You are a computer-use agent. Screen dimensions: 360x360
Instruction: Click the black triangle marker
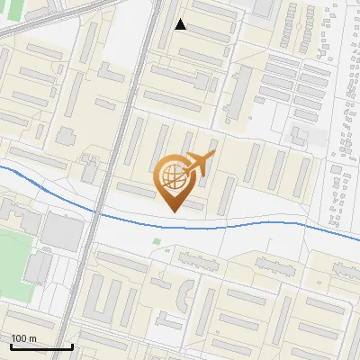click(181, 24)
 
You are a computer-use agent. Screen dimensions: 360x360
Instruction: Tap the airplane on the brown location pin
click(197, 165)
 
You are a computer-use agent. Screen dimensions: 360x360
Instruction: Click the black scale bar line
click(40, 346)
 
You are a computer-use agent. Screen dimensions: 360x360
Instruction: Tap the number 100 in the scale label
click(20, 338)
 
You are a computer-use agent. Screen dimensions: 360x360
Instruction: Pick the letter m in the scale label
click(32, 338)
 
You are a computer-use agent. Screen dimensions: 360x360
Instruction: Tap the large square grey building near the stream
click(61, 232)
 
